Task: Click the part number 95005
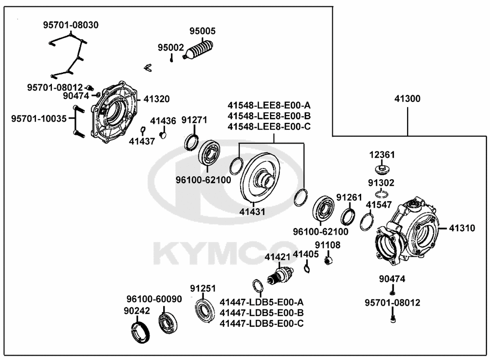point(202,30)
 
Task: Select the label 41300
point(407,99)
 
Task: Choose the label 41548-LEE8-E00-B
point(269,116)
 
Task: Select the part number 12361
point(381,155)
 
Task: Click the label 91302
point(381,183)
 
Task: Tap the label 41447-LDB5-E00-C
point(262,323)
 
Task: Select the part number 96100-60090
point(154,299)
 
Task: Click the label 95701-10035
point(39,119)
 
